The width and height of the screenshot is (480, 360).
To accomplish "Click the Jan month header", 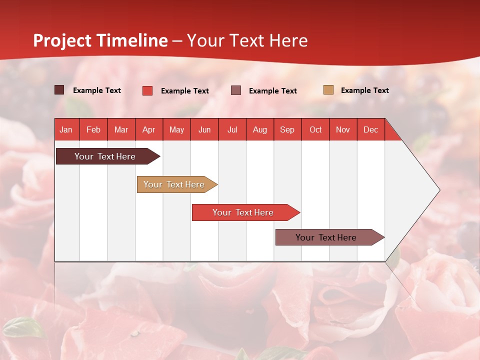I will click(66, 130).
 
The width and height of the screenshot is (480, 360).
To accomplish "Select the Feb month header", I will click(93, 130).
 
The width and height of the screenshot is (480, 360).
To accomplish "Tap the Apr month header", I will click(149, 130).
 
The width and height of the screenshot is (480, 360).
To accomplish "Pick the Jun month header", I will click(204, 130).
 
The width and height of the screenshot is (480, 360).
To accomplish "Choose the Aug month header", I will click(260, 130).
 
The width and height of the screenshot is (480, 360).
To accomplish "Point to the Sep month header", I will click(287, 130).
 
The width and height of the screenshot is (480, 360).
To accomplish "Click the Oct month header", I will click(315, 130).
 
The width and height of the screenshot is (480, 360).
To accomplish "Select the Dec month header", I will click(371, 130).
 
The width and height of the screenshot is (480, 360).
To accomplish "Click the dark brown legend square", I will click(59, 90).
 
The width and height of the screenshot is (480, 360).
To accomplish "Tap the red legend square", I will click(147, 90).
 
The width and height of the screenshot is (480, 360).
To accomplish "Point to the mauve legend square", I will click(236, 90).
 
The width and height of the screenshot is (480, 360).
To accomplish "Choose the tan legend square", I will click(328, 90).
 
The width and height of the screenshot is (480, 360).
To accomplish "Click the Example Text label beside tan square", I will click(364, 90).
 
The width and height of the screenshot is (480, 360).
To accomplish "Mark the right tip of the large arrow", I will click(439, 190).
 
